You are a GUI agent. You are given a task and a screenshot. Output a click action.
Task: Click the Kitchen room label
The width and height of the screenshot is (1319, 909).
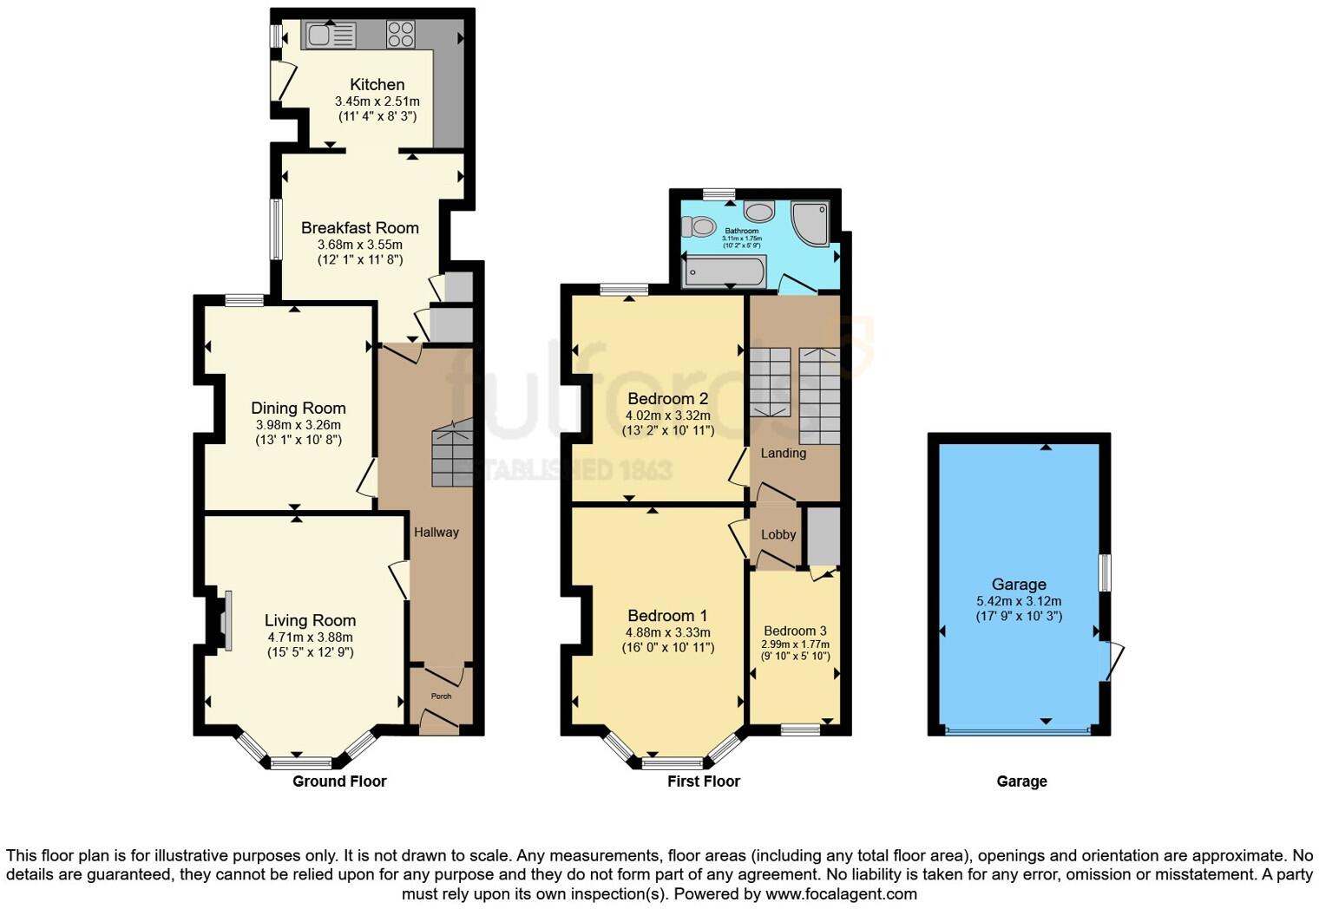tap(377, 85)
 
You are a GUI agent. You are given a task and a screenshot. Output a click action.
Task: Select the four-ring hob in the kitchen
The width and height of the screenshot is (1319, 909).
tap(400, 34)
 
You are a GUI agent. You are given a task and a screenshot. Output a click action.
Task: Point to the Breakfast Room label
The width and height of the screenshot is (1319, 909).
tap(359, 228)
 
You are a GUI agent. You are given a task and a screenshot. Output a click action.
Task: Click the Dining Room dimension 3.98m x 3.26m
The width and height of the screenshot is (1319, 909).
tap(299, 425)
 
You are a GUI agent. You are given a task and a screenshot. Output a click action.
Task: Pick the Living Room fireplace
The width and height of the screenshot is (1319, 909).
tap(225, 620)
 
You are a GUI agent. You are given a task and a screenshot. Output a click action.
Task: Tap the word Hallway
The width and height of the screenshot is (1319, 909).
tap(436, 533)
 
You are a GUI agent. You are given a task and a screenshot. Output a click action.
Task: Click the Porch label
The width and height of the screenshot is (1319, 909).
tap(441, 696)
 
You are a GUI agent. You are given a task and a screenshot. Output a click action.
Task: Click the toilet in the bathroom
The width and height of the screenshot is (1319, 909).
tap(697, 226)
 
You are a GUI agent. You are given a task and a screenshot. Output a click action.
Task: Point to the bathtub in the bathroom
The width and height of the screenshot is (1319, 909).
tap(724, 271)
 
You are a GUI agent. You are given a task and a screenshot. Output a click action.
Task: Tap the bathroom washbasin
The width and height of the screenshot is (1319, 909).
tap(759, 211)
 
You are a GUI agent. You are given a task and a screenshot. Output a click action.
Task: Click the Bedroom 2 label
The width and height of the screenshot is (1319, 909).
tap(667, 399)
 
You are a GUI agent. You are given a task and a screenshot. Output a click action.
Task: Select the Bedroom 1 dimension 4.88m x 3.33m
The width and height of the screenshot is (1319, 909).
tap(667, 632)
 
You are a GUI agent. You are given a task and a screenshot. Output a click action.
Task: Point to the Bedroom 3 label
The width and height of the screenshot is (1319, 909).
tap(795, 631)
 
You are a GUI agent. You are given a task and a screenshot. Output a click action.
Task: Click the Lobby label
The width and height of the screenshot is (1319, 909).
tap(778, 535)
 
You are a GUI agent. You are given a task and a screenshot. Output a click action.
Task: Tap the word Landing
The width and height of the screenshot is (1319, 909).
tap(783, 453)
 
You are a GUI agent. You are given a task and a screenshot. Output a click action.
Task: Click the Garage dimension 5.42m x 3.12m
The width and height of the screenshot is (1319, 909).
tap(1019, 601)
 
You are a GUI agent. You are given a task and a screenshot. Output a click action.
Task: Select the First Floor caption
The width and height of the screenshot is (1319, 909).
tap(703, 781)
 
